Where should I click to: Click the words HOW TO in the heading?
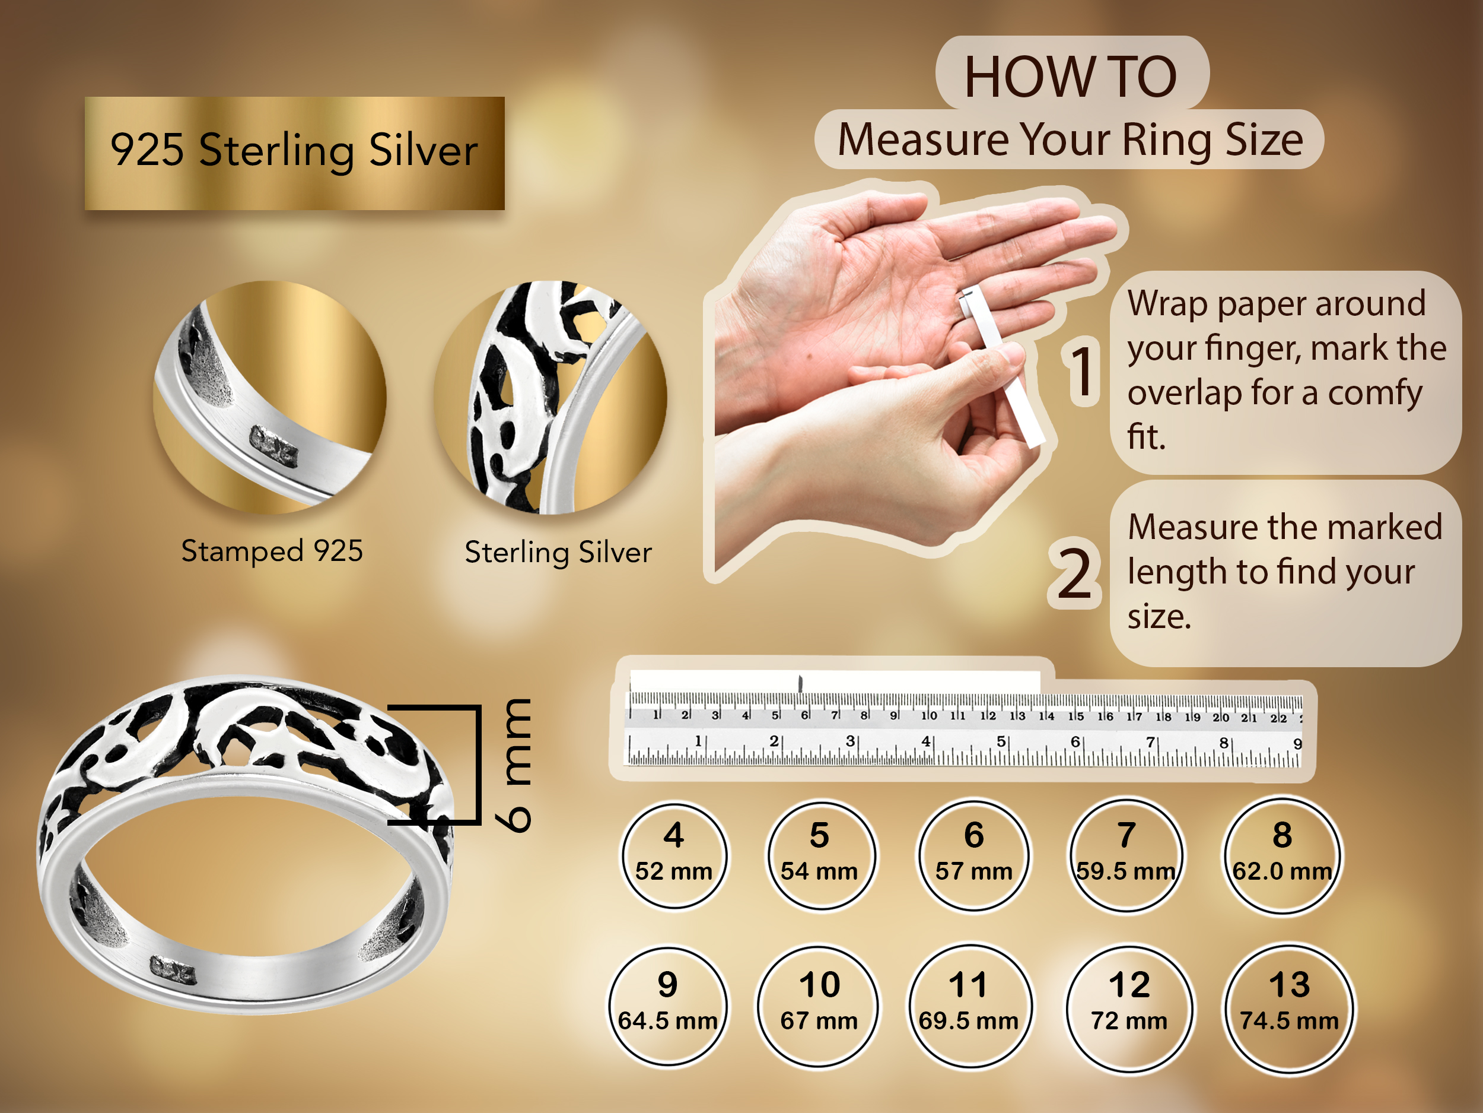tap(1071, 77)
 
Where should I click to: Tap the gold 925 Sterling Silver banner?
tap(294, 153)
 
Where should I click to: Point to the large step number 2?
tap(1075, 572)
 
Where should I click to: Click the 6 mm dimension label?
tap(514, 765)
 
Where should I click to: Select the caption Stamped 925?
tap(272, 551)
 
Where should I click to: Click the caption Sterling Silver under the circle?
tap(558, 552)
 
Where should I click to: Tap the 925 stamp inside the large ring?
tap(172, 970)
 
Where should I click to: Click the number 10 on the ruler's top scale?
tap(928, 716)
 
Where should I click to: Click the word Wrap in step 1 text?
tap(1167, 303)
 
